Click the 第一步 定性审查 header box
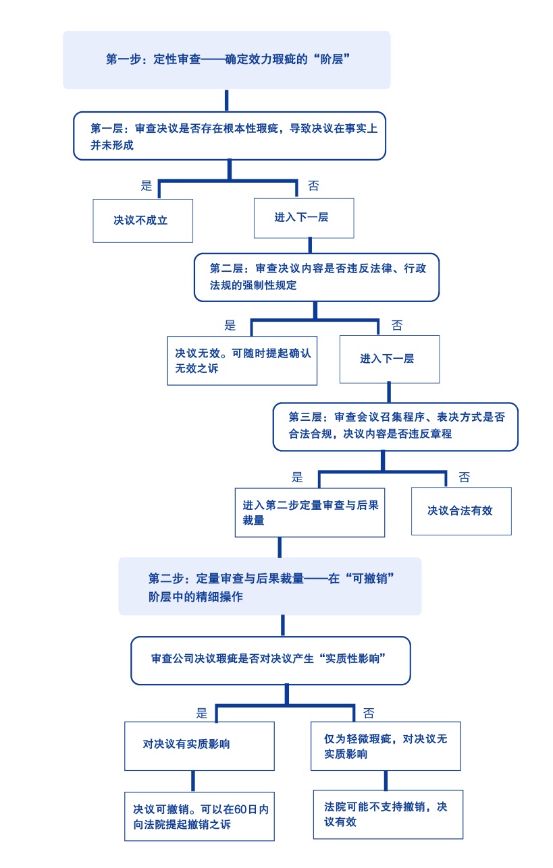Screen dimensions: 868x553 [227, 59]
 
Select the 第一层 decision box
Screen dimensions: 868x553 [229, 136]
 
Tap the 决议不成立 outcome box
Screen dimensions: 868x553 [142, 220]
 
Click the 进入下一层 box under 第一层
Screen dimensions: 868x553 [303, 218]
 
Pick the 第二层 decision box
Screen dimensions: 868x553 [316, 277]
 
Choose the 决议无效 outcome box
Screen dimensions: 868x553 [242, 360]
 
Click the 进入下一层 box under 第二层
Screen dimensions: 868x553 [389, 358]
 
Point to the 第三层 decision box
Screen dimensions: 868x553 [395, 426]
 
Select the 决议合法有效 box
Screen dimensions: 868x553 [461, 511]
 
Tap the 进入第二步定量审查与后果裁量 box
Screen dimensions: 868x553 [309, 512]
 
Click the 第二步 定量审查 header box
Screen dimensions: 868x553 [269, 586]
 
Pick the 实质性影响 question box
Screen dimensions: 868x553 [270, 660]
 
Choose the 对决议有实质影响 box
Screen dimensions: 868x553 [199, 745]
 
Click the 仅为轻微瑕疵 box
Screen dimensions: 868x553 [385, 745]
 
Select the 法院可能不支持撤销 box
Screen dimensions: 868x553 [388, 813]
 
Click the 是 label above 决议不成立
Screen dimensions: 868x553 [146, 185]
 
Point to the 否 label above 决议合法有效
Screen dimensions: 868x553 [465, 478]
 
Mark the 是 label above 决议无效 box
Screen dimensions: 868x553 [230, 325]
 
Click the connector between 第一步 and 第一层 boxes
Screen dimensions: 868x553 [227, 100]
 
